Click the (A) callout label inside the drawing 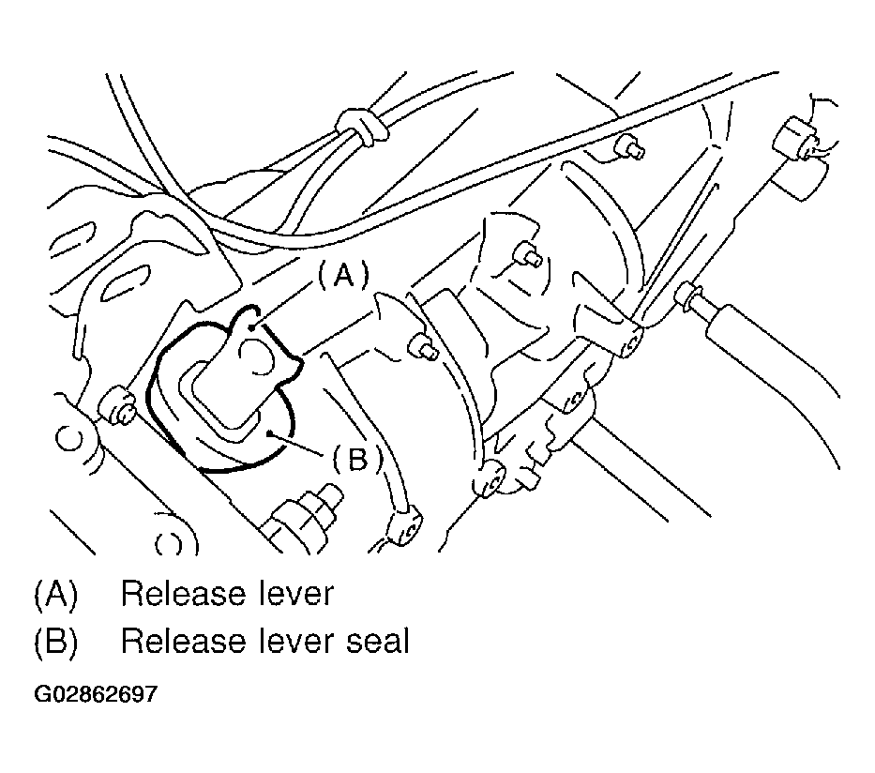coord(344,275)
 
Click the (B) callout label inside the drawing coord(357,460)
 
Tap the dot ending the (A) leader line coord(252,327)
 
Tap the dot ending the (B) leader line coord(269,432)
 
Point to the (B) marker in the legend coord(56,642)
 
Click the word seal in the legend coord(378,641)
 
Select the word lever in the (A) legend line coord(296,593)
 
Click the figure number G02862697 coord(96,694)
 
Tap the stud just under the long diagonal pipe coord(629,145)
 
